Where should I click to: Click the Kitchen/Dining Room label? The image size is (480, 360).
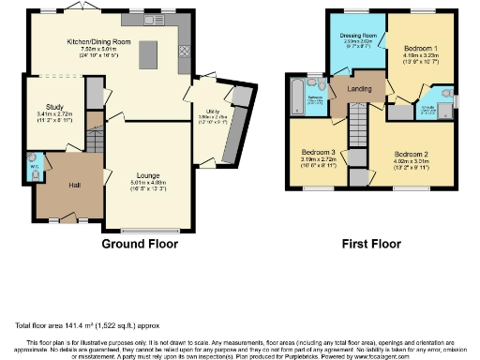(106, 41)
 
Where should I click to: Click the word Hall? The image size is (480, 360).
(75, 185)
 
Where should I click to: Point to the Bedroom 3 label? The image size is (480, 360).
(318, 152)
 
